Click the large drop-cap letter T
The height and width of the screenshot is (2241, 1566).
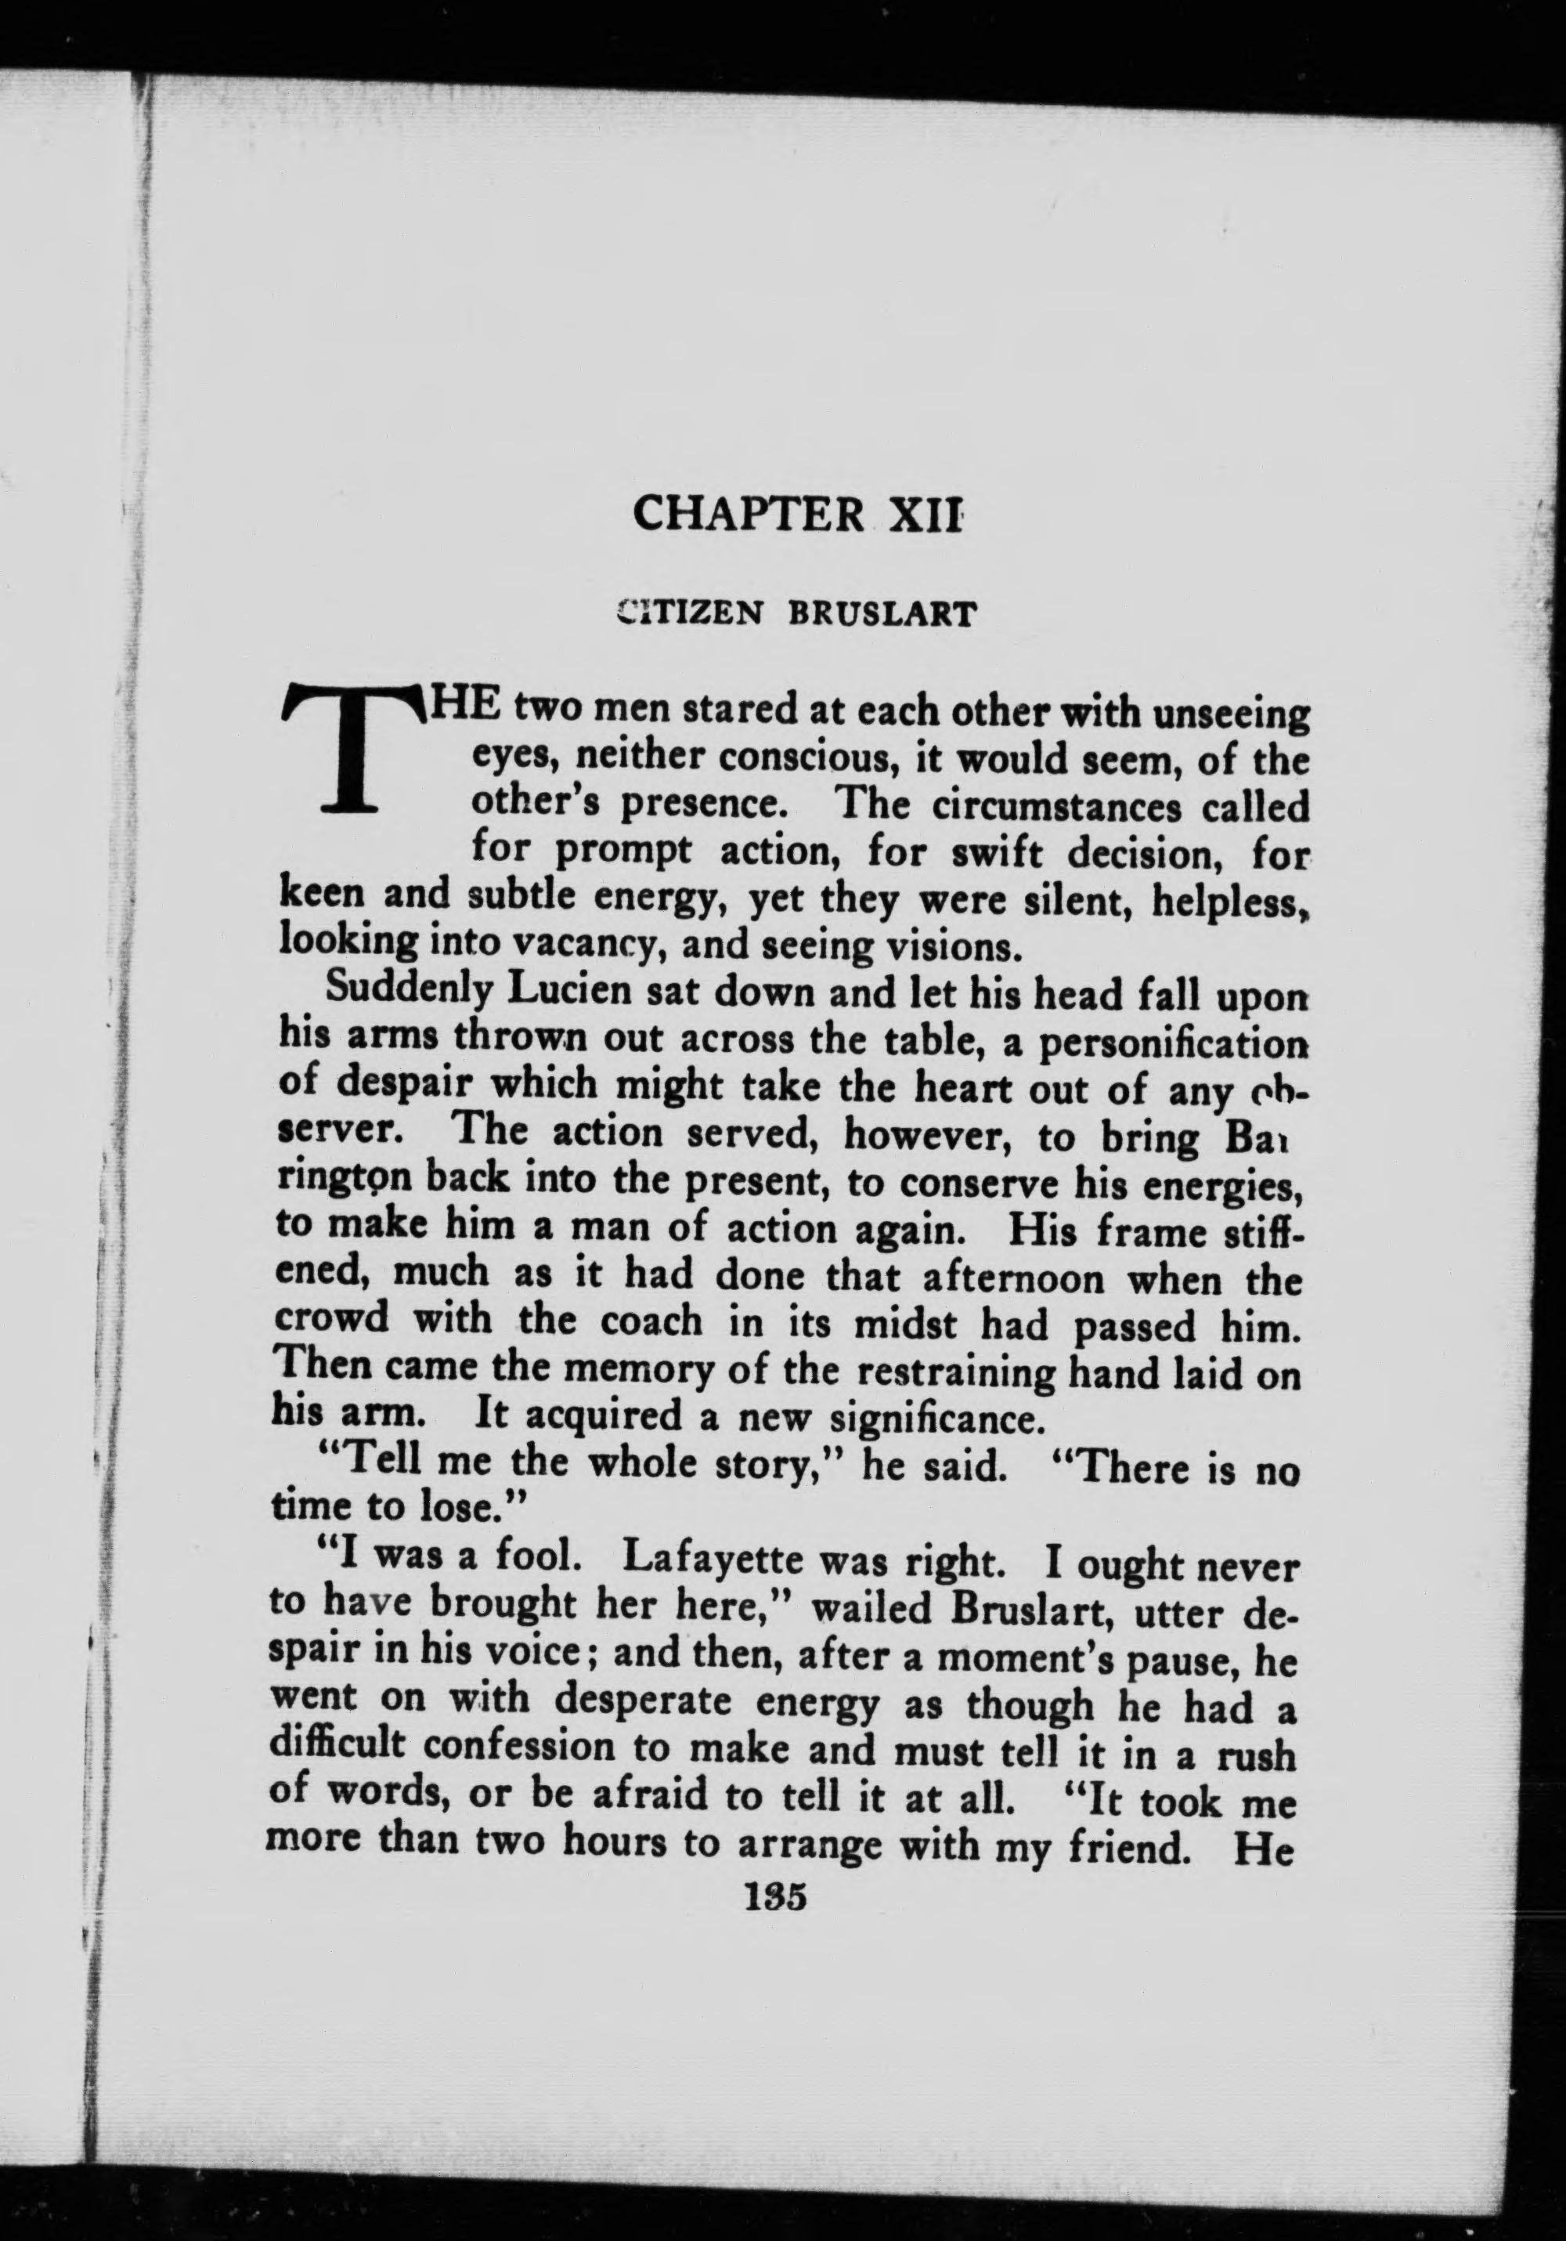pyautogui.click(x=350, y=747)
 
